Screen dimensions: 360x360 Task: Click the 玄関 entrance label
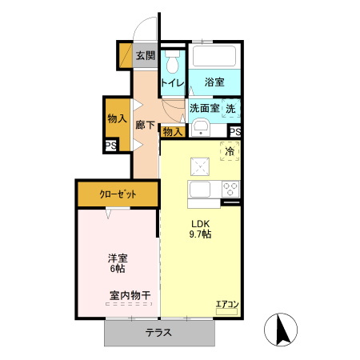coord(145,55)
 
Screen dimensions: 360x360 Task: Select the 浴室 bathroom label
coord(214,82)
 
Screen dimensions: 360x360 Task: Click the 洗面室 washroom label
coord(203,108)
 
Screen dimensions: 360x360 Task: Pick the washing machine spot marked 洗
coord(231,108)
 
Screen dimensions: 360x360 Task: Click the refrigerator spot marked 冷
coord(230,150)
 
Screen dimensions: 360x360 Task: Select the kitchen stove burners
coord(230,190)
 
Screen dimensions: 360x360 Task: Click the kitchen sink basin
coord(200,190)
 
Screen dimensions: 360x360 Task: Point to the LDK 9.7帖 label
coord(200,229)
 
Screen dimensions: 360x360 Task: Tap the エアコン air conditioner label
coord(227,305)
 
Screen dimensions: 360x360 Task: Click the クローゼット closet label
coord(117,194)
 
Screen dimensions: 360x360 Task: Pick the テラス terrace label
coord(158,334)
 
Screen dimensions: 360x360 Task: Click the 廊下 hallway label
coord(145,125)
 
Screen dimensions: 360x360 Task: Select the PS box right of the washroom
coord(235,133)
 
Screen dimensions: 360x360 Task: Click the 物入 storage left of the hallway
coord(117,118)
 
